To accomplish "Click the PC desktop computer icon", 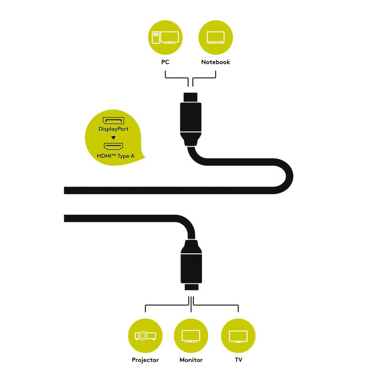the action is click(165, 38).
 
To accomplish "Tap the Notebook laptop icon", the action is click(216, 38).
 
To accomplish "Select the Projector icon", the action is click(145, 336).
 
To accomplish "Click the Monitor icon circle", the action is click(191, 336).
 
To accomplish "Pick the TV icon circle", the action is click(238, 336).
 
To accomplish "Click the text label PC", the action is click(165, 62).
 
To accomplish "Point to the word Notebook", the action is click(216, 62).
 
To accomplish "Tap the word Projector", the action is click(145, 360).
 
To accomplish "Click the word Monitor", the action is click(191, 360).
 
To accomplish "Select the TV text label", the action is click(239, 360).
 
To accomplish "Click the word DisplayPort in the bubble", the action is click(113, 129).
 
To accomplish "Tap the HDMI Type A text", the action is click(116, 156).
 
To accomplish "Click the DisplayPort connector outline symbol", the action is click(113, 120).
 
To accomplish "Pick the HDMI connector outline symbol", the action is click(113, 146).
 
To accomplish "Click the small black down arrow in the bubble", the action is click(113, 138).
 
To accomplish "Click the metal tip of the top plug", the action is click(190, 98).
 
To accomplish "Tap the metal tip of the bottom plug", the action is click(191, 287).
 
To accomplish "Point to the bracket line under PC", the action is click(177, 78).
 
